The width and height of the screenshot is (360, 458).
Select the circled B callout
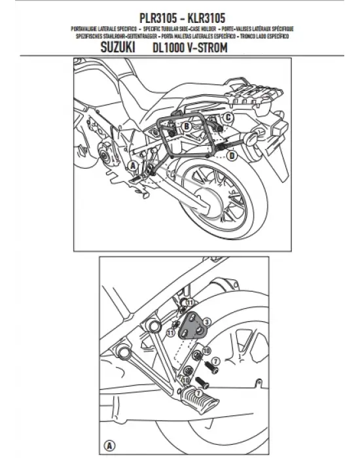click(x=186, y=125)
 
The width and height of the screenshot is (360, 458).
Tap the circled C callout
click(x=228, y=118)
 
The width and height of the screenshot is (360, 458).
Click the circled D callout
click(x=232, y=155)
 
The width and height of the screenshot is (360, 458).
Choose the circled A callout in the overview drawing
click(x=132, y=166)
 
